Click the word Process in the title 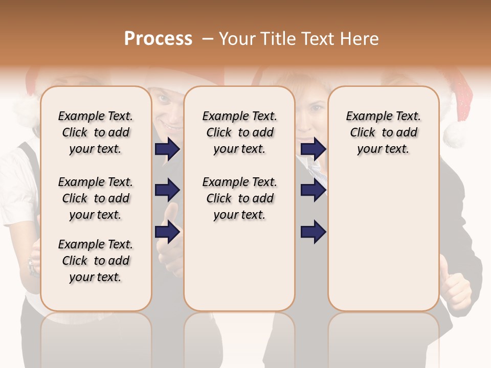pyautogui.click(x=158, y=38)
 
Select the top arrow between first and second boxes pyautogui.click(x=167, y=149)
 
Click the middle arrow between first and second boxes pyautogui.click(x=167, y=191)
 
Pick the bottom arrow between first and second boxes pyautogui.click(x=167, y=232)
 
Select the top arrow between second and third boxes pyautogui.click(x=313, y=149)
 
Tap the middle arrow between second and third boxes pyautogui.click(x=313, y=191)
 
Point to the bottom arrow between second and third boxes pyautogui.click(x=313, y=232)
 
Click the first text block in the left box pyautogui.click(x=95, y=132)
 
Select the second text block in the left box pyautogui.click(x=95, y=198)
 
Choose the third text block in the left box pyautogui.click(x=95, y=261)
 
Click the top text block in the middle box pyautogui.click(x=239, y=132)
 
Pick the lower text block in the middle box pyautogui.click(x=239, y=198)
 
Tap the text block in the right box pyautogui.click(x=383, y=132)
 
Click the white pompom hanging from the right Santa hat pyautogui.click(x=455, y=134)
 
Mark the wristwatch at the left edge pyautogui.click(x=33, y=266)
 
